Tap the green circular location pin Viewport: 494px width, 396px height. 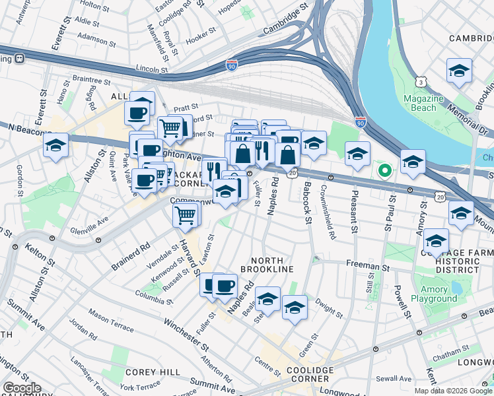click(384, 172)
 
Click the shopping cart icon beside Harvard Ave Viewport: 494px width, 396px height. click(186, 214)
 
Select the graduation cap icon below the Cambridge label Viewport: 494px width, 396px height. click(459, 71)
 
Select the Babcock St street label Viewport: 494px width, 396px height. click(307, 205)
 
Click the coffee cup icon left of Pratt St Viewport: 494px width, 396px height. click(137, 113)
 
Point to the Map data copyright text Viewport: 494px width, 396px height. click(452, 391)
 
